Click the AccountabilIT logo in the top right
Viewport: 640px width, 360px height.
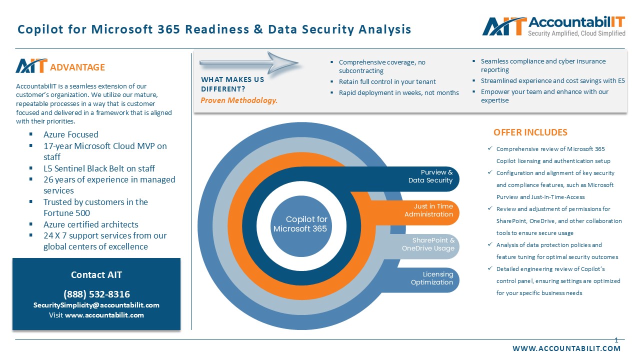[553, 26]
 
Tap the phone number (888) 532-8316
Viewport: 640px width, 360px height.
[96, 294]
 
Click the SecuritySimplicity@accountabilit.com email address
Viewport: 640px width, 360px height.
[96, 305]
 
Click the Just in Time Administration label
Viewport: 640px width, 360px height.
[428, 210]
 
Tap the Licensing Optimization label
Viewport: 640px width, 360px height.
[431, 278]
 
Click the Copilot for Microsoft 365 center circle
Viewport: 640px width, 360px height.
[300, 224]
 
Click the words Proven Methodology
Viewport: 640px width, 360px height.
[239, 100]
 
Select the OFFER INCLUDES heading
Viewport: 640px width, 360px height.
[530, 132]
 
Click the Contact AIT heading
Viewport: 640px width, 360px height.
[96, 274]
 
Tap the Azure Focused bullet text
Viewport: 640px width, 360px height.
[70, 134]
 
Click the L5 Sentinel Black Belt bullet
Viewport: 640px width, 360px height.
[99, 168]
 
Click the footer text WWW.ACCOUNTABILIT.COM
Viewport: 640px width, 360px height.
[566, 348]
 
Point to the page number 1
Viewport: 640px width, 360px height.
[616, 340]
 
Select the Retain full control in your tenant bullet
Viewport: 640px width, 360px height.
[387, 81]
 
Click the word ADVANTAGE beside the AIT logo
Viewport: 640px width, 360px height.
[77, 67]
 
